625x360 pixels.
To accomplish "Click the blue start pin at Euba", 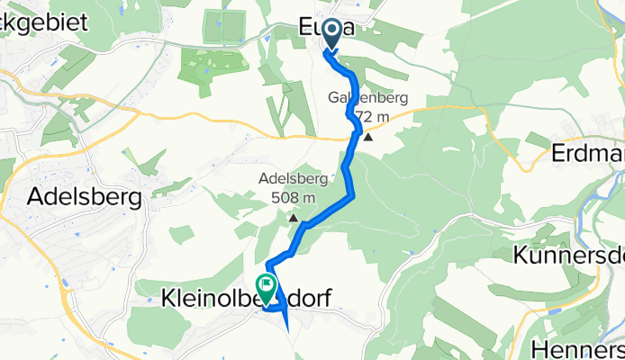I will pos(331,34).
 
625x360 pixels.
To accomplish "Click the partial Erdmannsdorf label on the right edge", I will pos(587,153).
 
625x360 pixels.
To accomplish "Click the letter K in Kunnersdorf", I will pos(521,255).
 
